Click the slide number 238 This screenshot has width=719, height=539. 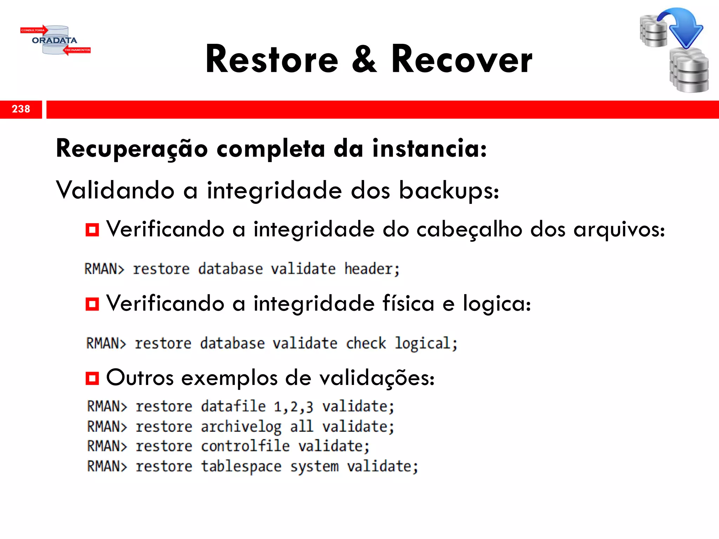21,109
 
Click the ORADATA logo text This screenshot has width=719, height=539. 54,40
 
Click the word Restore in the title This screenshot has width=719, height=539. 272,59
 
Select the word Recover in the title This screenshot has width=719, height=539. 461,59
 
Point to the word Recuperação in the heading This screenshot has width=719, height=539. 132,149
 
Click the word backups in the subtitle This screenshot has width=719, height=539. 449,191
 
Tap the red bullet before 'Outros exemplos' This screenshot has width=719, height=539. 92,378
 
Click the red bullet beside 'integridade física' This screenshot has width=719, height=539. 92,304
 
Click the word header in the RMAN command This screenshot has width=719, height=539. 371,269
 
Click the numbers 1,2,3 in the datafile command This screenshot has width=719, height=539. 293,407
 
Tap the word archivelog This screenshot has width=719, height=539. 241,427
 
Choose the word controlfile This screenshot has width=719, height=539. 245,446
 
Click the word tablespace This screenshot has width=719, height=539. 241,467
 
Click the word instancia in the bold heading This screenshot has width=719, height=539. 429,149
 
